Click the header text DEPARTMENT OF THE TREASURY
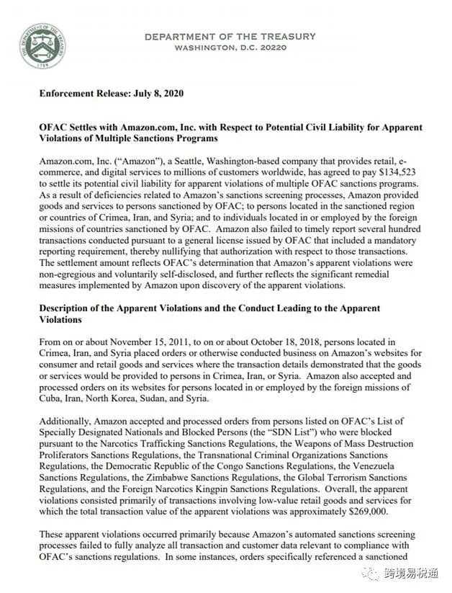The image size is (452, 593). (x=230, y=36)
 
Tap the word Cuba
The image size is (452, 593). (x=52, y=398)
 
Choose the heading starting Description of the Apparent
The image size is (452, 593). (x=209, y=308)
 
